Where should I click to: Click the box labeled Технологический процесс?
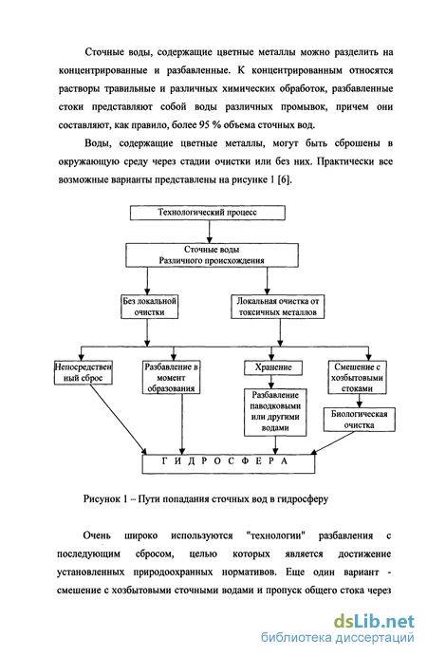point(208,213)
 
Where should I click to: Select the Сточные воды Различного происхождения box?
point(212,255)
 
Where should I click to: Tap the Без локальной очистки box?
point(150,307)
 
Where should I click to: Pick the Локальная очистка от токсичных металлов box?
point(277,307)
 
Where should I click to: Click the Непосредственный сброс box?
point(84,372)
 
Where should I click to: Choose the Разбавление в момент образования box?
point(171,377)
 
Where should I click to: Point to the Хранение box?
point(273,367)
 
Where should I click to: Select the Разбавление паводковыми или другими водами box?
point(275,412)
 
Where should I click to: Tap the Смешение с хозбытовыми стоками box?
point(357,377)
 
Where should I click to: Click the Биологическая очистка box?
point(360,420)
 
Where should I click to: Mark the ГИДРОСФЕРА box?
point(229,464)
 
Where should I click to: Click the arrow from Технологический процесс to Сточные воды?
point(210,232)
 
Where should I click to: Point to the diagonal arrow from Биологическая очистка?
point(332,442)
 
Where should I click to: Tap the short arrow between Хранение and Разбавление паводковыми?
point(271,382)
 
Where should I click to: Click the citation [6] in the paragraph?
point(285,180)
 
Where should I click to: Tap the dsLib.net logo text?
point(374,622)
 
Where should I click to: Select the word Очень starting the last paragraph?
point(97,535)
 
